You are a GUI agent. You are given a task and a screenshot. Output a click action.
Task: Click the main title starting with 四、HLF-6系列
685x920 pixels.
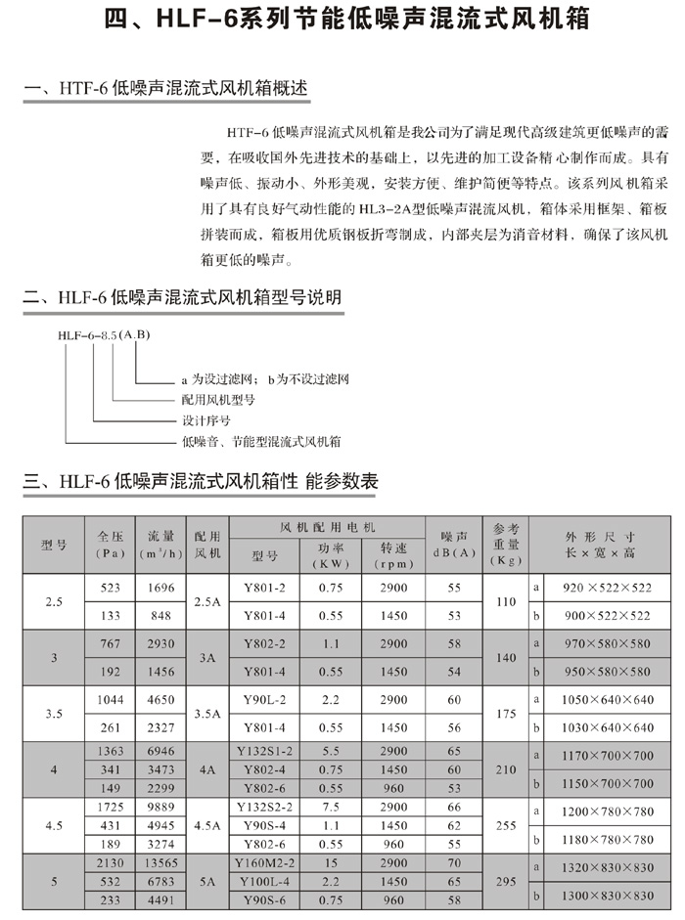pyautogui.click(x=342, y=21)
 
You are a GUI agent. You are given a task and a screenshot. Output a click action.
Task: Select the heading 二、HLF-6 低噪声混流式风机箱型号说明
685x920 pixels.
pyautogui.click(x=183, y=297)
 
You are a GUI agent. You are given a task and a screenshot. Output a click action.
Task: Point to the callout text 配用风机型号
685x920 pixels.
pyautogui.click(x=217, y=400)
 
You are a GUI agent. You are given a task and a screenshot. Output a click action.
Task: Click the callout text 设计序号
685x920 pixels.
pyautogui.click(x=205, y=420)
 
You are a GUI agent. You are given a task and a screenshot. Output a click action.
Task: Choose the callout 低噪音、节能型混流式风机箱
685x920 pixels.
pyautogui.click(x=260, y=442)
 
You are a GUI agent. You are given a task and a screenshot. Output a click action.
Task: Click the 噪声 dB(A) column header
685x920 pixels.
pyautogui.click(x=454, y=544)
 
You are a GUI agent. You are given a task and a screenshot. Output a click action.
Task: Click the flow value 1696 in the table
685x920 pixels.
pyautogui.click(x=160, y=588)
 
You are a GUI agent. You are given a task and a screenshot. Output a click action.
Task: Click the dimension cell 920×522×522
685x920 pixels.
pyautogui.click(x=606, y=588)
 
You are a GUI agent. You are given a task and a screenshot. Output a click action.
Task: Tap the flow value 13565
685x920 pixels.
pyautogui.click(x=160, y=863)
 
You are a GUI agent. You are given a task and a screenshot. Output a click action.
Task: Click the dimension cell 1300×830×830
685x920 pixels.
pyautogui.click(x=606, y=895)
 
